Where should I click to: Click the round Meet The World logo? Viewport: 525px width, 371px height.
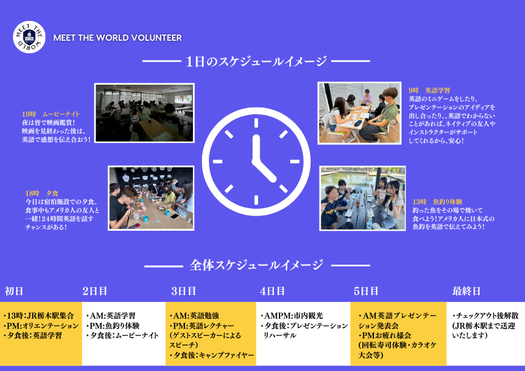tap(29, 37)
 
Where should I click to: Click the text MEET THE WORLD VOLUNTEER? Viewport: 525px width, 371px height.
tap(118, 38)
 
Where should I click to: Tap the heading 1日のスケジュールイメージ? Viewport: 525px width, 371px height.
tap(256, 61)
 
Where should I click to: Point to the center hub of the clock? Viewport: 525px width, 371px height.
tap(256, 161)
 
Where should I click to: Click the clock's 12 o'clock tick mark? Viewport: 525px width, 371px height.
tap(256, 123)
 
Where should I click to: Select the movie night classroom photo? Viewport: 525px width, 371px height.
tap(144, 113)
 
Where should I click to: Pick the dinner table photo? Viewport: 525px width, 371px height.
tap(151, 198)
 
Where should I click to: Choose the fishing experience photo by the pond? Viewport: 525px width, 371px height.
tap(362, 198)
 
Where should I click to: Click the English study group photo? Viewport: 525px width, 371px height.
tap(359, 113)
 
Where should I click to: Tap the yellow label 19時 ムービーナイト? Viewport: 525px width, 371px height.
tap(51, 114)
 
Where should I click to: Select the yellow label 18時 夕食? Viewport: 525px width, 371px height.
tap(42, 193)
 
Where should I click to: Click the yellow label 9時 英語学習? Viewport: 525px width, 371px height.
tap(429, 90)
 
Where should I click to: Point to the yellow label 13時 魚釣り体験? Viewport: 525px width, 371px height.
tap(437, 202)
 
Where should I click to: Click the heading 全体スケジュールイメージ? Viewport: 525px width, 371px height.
tap(256, 265)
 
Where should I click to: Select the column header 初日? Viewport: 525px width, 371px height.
tap(14, 291)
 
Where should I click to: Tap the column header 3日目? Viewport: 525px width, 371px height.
tap(184, 291)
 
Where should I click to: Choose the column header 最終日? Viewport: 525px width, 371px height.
tap(466, 291)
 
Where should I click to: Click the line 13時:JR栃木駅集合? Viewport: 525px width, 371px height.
tap(38, 316)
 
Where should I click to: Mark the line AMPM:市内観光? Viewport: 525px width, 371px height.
tap(291, 316)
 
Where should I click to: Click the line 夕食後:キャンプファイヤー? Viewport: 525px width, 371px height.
tap(212, 355)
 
